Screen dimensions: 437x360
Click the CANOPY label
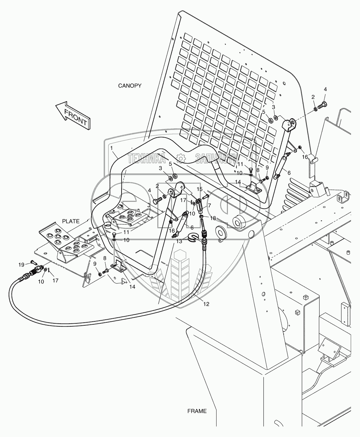point(130,86)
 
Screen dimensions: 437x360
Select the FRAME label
point(197,411)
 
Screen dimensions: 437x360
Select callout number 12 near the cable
point(206,304)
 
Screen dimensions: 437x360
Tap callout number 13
point(179,242)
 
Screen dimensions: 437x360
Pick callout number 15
point(200,189)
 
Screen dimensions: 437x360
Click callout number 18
point(213,218)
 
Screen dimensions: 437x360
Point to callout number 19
point(21,265)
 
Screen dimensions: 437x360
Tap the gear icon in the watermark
point(181,159)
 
